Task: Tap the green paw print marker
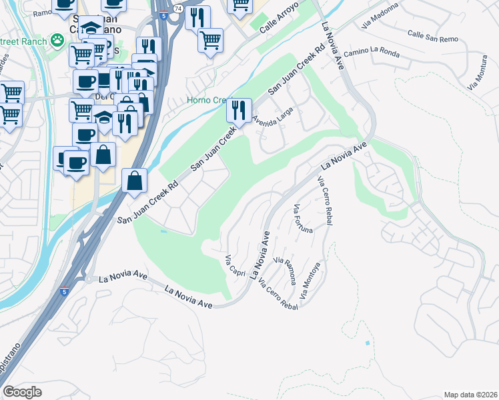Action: (59, 40)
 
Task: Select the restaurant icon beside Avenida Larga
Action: (239, 111)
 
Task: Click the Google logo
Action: (22, 392)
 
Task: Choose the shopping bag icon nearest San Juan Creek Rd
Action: (134, 180)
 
